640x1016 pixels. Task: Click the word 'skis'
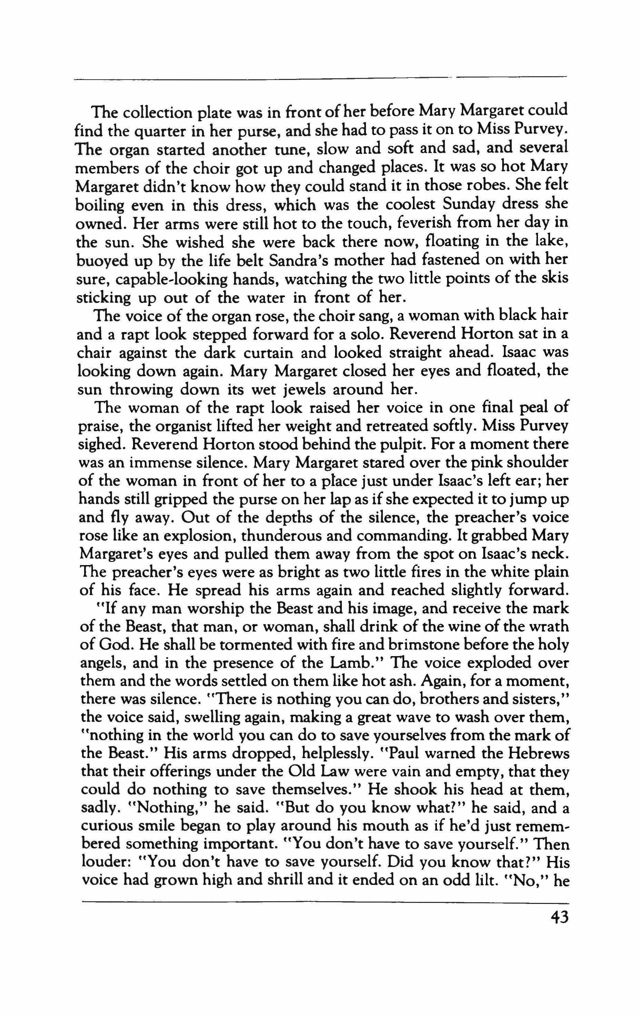tap(555, 279)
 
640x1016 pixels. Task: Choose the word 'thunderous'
tap(290, 536)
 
